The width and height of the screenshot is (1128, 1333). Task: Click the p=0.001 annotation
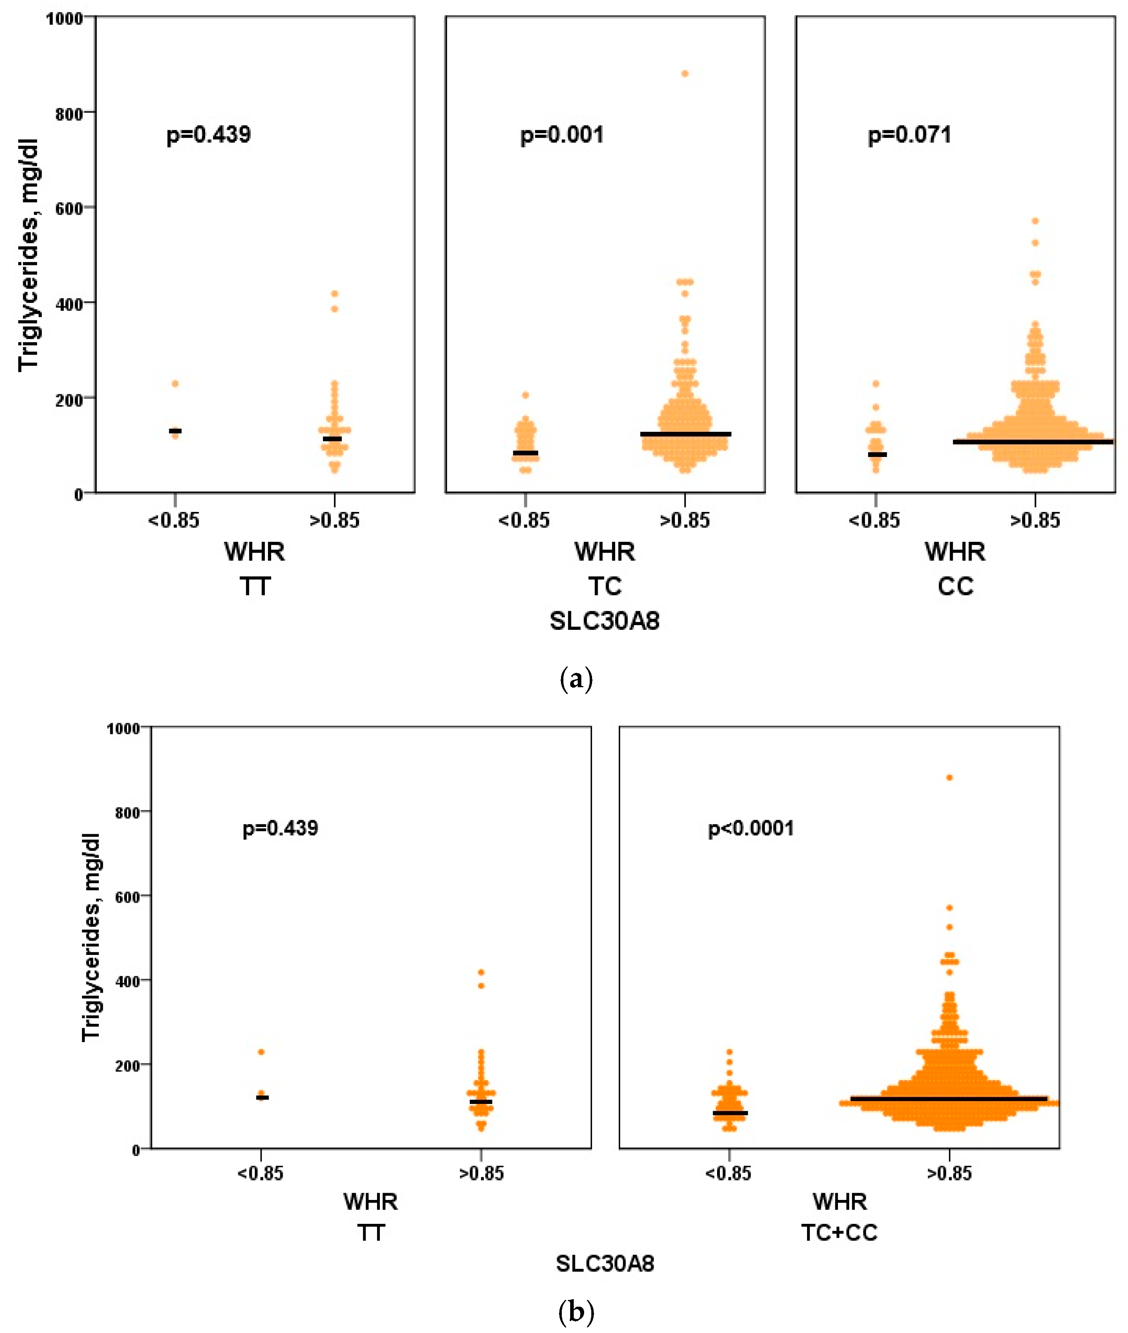point(561,135)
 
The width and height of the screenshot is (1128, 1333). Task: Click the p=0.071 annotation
point(909,135)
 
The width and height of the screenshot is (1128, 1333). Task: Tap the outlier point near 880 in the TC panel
point(685,74)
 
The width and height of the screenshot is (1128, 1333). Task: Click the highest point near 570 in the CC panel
point(1035,222)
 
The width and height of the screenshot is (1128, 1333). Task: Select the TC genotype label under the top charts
point(605,586)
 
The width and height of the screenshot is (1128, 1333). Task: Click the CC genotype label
point(955,586)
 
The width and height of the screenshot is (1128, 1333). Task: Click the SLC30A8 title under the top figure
point(604,620)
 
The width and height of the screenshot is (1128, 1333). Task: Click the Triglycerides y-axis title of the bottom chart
point(92,938)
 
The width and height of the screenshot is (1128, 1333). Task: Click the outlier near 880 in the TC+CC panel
point(950,778)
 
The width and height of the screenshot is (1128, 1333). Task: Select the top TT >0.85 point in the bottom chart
point(481,972)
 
